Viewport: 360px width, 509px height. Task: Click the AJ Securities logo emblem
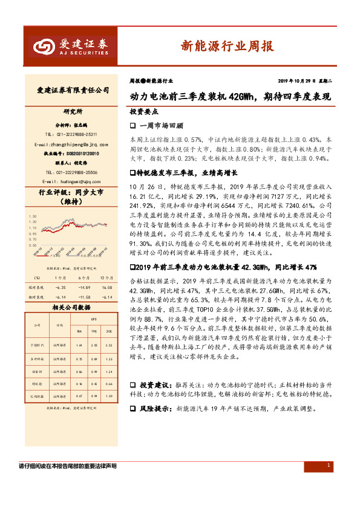coord(42,45)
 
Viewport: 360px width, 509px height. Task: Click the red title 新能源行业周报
coord(227,46)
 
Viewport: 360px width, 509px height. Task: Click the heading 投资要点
coord(144,112)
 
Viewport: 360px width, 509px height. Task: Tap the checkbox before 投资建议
coord(133,384)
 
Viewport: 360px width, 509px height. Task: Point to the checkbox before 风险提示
coord(133,409)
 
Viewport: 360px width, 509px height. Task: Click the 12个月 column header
coord(106,277)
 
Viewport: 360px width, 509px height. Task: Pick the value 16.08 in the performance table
coord(107,287)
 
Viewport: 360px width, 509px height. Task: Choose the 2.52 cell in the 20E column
coord(109,345)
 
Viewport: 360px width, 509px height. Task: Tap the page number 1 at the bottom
coord(328,465)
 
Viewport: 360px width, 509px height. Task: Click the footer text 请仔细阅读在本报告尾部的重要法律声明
coord(68,466)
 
